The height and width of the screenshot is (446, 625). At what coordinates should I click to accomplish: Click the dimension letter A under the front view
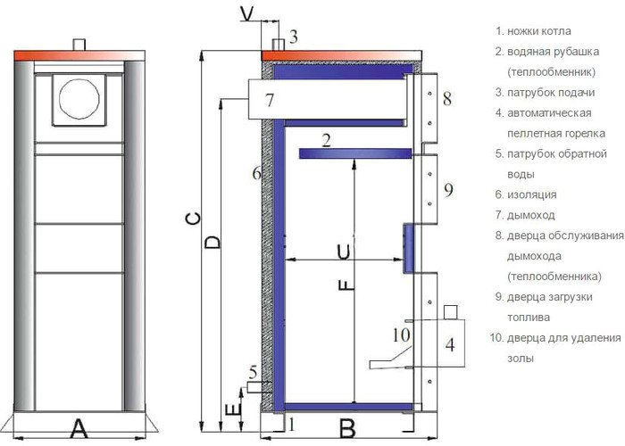pos(79,429)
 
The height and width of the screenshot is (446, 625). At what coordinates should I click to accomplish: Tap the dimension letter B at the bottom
pos(348,429)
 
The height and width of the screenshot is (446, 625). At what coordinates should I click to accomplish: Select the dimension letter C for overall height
pos(194,219)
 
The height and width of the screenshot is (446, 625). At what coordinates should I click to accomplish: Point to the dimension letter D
pos(212,243)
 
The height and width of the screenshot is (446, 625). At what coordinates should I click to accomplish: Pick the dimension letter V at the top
pos(247,15)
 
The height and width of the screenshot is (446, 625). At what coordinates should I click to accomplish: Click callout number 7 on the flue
pos(270,100)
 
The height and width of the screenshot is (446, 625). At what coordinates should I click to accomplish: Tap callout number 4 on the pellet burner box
pos(450,344)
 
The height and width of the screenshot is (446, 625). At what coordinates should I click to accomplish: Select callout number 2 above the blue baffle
pos(327,141)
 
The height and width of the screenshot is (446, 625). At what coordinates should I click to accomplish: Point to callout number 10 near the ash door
pos(401,334)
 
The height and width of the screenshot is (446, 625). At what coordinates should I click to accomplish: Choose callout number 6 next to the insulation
pos(256,173)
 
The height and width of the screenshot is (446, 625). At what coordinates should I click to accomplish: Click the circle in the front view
pos(79,99)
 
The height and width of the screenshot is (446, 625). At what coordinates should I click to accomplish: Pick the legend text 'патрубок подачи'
pos(551,93)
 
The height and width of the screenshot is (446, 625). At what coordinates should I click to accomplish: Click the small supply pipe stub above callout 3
pos(279,45)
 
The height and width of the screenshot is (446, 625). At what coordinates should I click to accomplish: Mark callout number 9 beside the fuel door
pos(448,190)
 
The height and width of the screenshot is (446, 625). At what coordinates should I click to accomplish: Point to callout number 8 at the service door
pos(447,98)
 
